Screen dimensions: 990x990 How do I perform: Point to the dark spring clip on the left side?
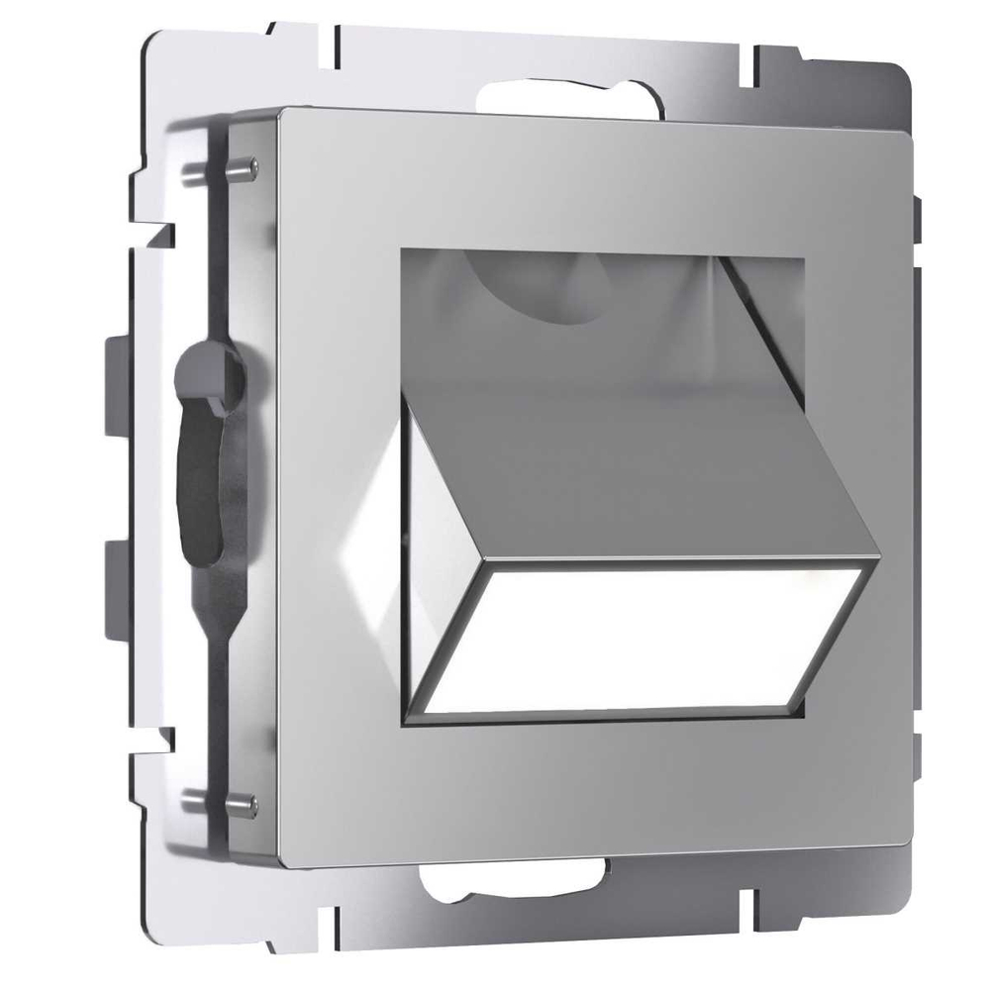pos(203,445)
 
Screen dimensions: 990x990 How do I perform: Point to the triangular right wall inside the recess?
pos(762,307)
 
